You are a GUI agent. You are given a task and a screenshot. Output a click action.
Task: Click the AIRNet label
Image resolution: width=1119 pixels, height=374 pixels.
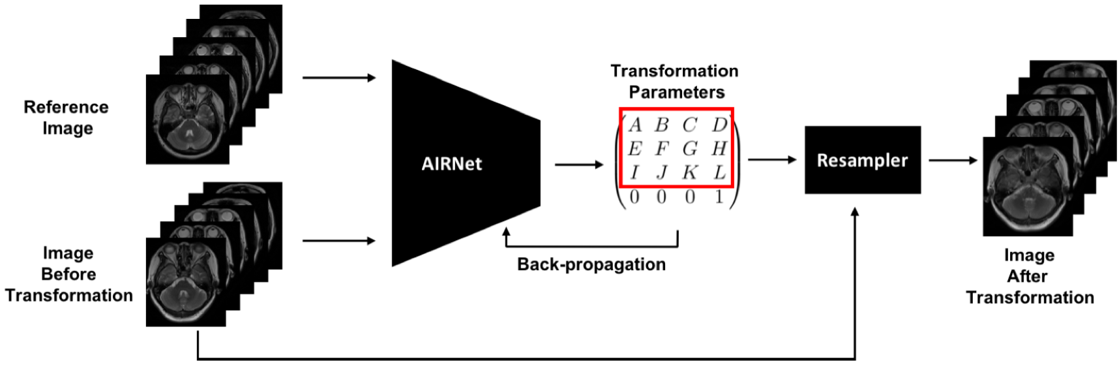click(451, 163)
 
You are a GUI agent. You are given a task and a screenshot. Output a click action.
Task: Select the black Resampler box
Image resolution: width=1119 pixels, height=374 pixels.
click(862, 160)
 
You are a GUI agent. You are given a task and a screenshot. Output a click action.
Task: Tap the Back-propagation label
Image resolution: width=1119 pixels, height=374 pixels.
click(591, 264)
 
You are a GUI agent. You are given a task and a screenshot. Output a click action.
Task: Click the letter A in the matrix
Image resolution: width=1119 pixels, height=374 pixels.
click(635, 125)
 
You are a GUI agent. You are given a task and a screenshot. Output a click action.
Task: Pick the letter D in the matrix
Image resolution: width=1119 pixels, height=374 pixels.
click(719, 125)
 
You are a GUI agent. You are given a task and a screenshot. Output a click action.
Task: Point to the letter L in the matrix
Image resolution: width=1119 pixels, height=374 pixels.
click(719, 172)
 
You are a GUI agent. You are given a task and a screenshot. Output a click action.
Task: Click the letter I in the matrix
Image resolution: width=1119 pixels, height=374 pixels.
click(634, 172)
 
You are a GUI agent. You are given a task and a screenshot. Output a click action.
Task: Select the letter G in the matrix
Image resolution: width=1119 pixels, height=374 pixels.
click(690, 149)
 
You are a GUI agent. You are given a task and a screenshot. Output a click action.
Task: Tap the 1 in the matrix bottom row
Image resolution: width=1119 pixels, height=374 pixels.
click(719, 197)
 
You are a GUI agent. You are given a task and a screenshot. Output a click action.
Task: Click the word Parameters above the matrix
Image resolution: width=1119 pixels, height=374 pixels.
click(676, 92)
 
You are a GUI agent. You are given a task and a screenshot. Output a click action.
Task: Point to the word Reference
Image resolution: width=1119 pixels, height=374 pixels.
click(66, 107)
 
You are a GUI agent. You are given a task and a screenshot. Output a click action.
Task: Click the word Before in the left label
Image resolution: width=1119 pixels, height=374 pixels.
click(68, 274)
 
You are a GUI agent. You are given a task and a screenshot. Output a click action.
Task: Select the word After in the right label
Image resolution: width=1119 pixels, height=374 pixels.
click(1027, 276)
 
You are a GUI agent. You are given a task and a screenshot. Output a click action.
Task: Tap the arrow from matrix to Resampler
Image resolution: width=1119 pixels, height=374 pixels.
click(772, 159)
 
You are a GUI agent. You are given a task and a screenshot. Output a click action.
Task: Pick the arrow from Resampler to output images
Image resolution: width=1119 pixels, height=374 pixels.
click(953, 160)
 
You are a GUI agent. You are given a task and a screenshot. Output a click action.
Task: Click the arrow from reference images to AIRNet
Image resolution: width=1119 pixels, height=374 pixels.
click(339, 78)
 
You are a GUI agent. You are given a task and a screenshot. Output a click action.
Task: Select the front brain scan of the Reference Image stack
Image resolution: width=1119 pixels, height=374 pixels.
click(188, 119)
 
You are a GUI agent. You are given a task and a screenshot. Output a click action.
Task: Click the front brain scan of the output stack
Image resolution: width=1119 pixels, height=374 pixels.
click(1027, 186)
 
